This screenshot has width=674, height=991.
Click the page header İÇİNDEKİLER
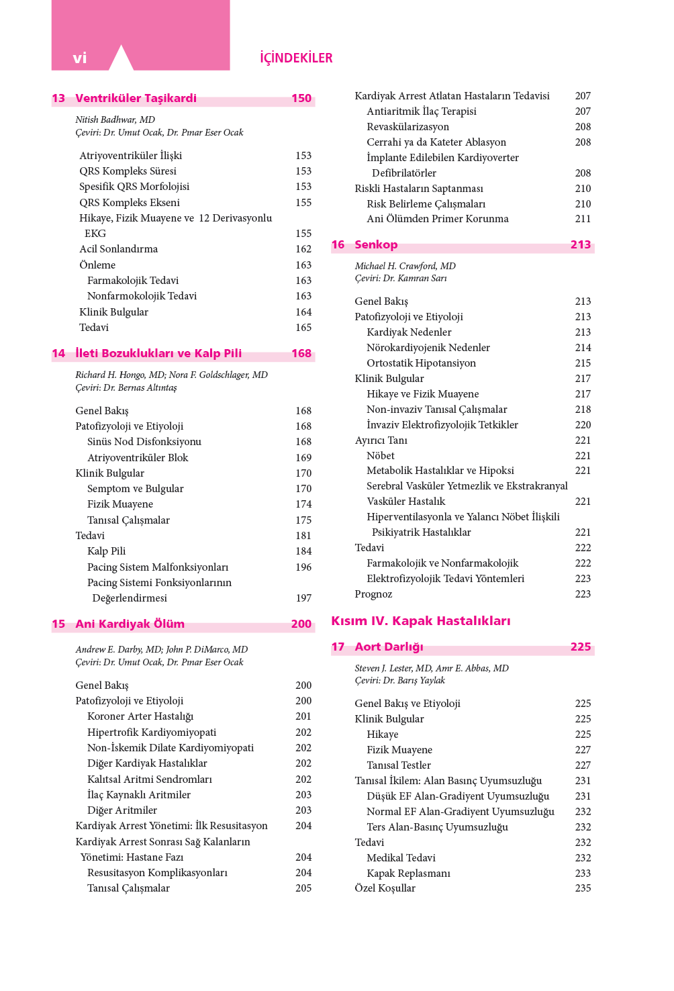[x=296, y=58]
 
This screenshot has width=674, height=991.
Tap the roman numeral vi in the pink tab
[x=80, y=58]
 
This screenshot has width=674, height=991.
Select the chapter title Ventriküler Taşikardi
[x=136, y=99]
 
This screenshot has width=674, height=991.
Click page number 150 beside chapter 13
[x=301, y=99]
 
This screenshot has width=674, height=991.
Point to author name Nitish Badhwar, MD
[x=115, y=120]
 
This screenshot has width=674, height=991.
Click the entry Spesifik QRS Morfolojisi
[x=134, y=187]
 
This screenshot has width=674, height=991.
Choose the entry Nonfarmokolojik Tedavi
[x=142, y=296]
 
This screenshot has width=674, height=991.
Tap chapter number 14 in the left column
[x=58, y=354]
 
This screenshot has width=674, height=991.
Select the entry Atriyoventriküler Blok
[x=138, y=458]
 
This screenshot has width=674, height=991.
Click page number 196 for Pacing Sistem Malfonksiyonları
[x=303, y=567]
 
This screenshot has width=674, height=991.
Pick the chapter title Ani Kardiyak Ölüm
[x=130, y=624]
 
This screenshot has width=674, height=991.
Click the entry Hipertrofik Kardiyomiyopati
[x=152, y=733]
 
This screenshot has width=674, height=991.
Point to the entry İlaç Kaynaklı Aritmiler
[x=139, y=795]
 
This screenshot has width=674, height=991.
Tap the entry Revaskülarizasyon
[x=407, y=127]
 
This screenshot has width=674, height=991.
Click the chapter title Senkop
[x=376, y=245]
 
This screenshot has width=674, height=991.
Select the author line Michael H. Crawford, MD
[x=405, y=266]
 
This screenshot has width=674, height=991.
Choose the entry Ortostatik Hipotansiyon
[x=421, y=363]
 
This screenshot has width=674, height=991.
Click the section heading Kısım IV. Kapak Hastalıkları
[x=420, y=621]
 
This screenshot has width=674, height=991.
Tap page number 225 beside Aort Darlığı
[x=581, y=647]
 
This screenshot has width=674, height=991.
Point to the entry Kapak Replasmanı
[x=408, y=874]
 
